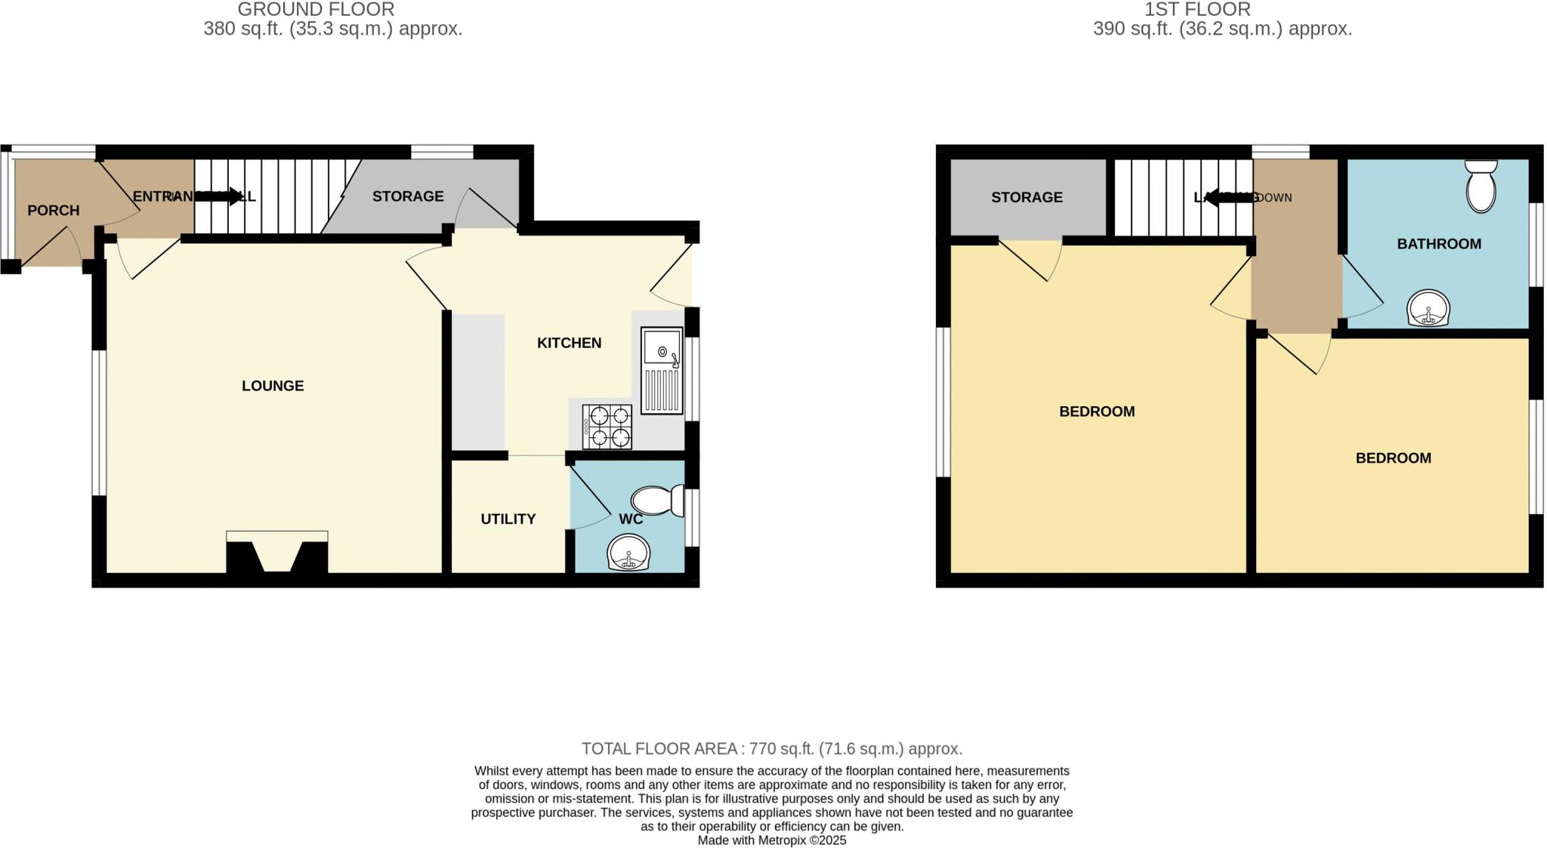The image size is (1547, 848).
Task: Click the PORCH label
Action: tap(53, 211)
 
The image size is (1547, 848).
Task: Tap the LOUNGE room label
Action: tap(273, 386)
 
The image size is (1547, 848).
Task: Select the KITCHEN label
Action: tap(569, 343)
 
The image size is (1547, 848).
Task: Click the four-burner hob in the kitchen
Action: tap(607, 427)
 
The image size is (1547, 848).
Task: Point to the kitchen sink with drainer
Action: tap(661, 370)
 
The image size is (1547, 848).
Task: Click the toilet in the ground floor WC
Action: tap(656, 501)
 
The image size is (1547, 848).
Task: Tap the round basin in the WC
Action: tap(628, 554)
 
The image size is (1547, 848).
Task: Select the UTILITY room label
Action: tap(508, 519)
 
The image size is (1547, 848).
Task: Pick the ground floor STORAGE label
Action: tap(407, 196)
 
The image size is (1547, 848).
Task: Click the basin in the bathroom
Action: tap(1428, 309)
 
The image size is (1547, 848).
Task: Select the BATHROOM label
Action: tap(1438, 244)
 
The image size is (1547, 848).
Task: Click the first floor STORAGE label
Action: tap(1026, 197)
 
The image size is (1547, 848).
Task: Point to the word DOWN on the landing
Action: tap(1275, 198)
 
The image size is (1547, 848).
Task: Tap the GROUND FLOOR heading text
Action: tap(316, 10)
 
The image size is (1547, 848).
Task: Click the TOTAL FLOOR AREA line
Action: tap(771, 749)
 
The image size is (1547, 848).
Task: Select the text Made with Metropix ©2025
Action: tap(771, 840)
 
